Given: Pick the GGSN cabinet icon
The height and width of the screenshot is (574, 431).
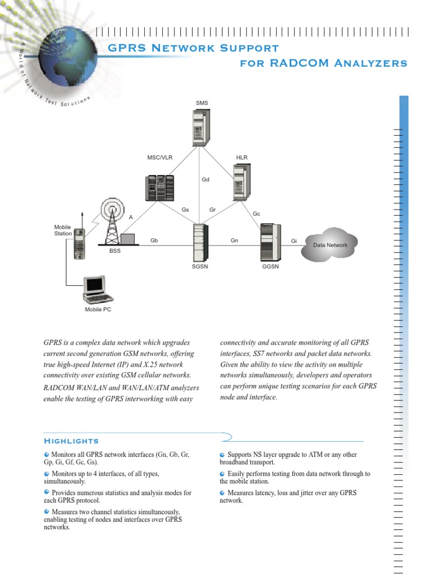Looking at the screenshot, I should tap(270, 242).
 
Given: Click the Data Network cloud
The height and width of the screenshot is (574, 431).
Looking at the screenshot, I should tap(330, 245).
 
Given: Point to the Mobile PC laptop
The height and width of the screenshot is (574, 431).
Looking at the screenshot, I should tap(98, 290).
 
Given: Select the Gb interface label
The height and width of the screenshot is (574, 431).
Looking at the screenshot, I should tap(154, 240).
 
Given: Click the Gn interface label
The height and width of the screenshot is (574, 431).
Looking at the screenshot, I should tap(235, 240).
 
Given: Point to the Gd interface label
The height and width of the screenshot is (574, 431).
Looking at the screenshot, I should tap(205, 180).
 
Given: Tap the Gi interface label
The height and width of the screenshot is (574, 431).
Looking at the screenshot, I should tap(294, 241).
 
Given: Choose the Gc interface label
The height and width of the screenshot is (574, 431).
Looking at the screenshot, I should tap(256, 214).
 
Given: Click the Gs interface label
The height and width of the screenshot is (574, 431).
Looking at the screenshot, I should tap(185, 210).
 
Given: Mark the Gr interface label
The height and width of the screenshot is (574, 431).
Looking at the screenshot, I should tap(213, 210).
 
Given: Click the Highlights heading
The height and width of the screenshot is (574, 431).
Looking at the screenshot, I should tap(71, 441).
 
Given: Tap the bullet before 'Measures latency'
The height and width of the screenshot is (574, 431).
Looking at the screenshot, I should tap(223, 493).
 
